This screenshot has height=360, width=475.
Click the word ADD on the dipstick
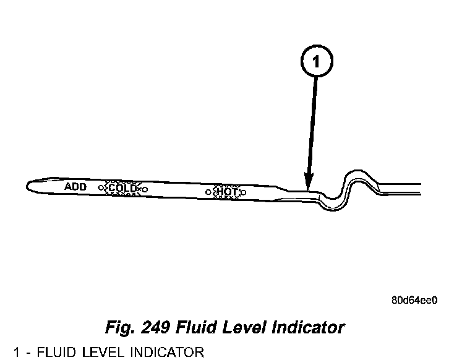pyautogui.click(x=75, y=186)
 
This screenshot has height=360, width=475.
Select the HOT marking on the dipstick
pyautogui.click(x=226, y=192)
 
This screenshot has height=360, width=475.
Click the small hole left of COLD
pyautogui.click(x=101, y=187)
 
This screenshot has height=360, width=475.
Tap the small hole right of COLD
pyautogui.click(x=144, y=189)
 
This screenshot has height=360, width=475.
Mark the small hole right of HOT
pyautogui.click(x=243, y=192)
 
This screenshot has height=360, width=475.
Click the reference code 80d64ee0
pyautogui.click(x=414, y=301)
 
